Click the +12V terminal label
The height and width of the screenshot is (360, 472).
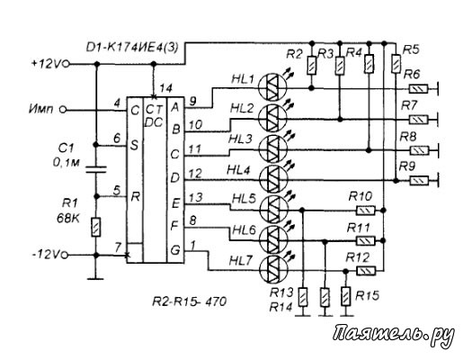click(x=46, y=64)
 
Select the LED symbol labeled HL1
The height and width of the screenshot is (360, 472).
click(x=272, y=86)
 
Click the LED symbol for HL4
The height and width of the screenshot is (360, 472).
click(x=273, y=179)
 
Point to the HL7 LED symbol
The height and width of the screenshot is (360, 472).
click(x=273, y=270)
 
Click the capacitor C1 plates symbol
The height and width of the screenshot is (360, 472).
click(x=96, y=169)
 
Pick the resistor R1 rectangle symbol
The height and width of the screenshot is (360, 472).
click(x=96, y=227)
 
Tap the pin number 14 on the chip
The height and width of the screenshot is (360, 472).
click(x=165, y=88)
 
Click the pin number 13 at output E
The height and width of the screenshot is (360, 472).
click(x=196, y=197)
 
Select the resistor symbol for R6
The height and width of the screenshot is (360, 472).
click(x=418, y=89)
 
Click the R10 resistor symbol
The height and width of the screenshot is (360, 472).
click(x=366, y=210)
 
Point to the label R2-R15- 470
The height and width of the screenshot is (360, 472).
click(x=190, y=301)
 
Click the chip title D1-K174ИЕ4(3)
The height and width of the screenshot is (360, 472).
click(x=132, y=47)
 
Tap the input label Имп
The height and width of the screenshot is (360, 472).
click(x=41, y=109)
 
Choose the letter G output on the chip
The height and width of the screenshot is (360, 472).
click(x=175, y=250)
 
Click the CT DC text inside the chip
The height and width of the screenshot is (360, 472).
click(x=154, y=116)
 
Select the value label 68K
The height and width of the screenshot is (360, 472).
click(x=68, y=219)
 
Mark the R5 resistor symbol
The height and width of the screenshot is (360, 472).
click(x=396, y=64)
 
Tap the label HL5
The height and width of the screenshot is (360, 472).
click(x=245, y=199)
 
